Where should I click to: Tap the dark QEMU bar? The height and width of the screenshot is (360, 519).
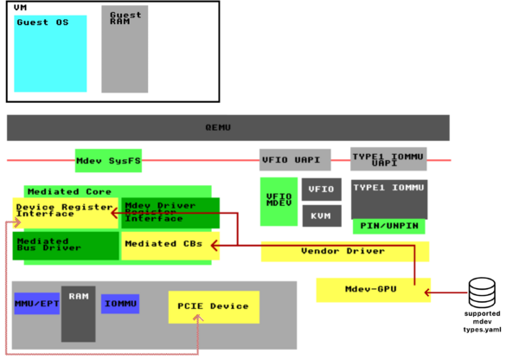point(228,127)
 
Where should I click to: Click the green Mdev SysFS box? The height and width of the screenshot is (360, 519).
point(108,160)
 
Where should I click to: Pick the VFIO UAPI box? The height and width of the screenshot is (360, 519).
point(295,160)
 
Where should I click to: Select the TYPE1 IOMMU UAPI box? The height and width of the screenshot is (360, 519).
point(388,159)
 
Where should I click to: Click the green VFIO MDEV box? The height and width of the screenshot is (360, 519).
point(279,202)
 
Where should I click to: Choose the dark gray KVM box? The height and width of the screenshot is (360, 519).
point(321,215)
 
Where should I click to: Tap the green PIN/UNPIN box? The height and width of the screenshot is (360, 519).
point(388,226)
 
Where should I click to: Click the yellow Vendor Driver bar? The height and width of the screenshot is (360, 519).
point(344,252)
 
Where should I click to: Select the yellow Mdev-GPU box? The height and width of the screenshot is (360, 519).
point(372,290)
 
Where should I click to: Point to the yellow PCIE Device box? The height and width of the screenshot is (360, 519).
point(213,306)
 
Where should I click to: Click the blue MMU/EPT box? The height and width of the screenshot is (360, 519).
point(36,304)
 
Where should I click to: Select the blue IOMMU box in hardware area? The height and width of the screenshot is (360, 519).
point(120,304)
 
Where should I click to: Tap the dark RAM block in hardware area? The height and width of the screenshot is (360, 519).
point(78,313)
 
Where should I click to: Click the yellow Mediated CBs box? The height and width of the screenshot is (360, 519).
point(164,245)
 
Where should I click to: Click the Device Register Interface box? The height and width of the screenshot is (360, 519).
point(66,212)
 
